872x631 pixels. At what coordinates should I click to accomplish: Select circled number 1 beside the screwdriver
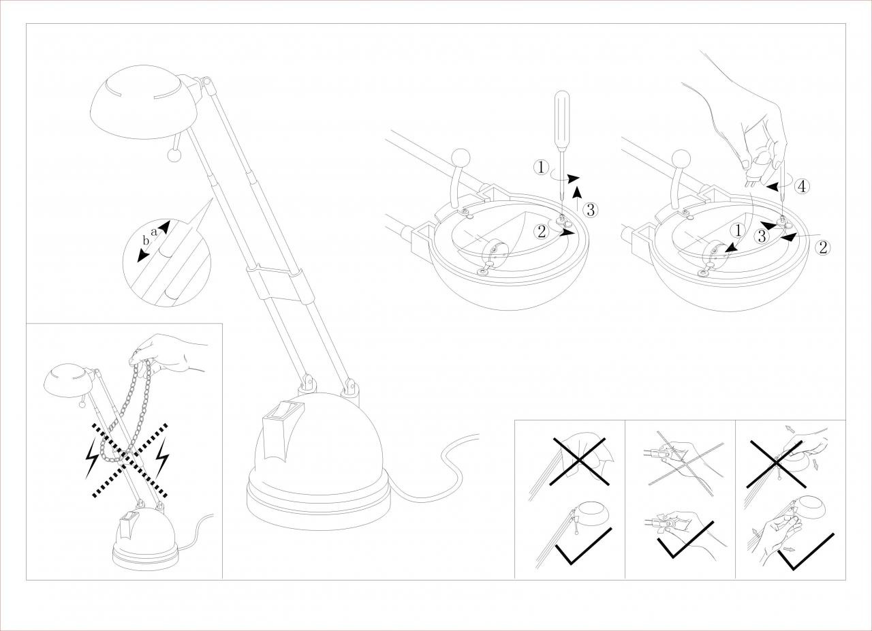541,168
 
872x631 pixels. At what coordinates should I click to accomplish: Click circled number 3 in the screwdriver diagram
591,210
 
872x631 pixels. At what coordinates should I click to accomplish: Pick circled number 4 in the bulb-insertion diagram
802,187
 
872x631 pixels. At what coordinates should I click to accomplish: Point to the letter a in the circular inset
154,232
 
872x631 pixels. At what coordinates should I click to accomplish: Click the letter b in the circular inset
146,241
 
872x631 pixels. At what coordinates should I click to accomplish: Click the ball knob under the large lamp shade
174,155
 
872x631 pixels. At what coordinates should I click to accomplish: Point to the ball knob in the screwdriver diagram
461,158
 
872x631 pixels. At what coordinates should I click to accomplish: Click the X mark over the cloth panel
579,461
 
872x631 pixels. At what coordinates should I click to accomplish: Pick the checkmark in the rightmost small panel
805,551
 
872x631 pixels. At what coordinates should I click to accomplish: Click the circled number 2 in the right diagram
823,247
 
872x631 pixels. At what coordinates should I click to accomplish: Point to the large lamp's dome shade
144,102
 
